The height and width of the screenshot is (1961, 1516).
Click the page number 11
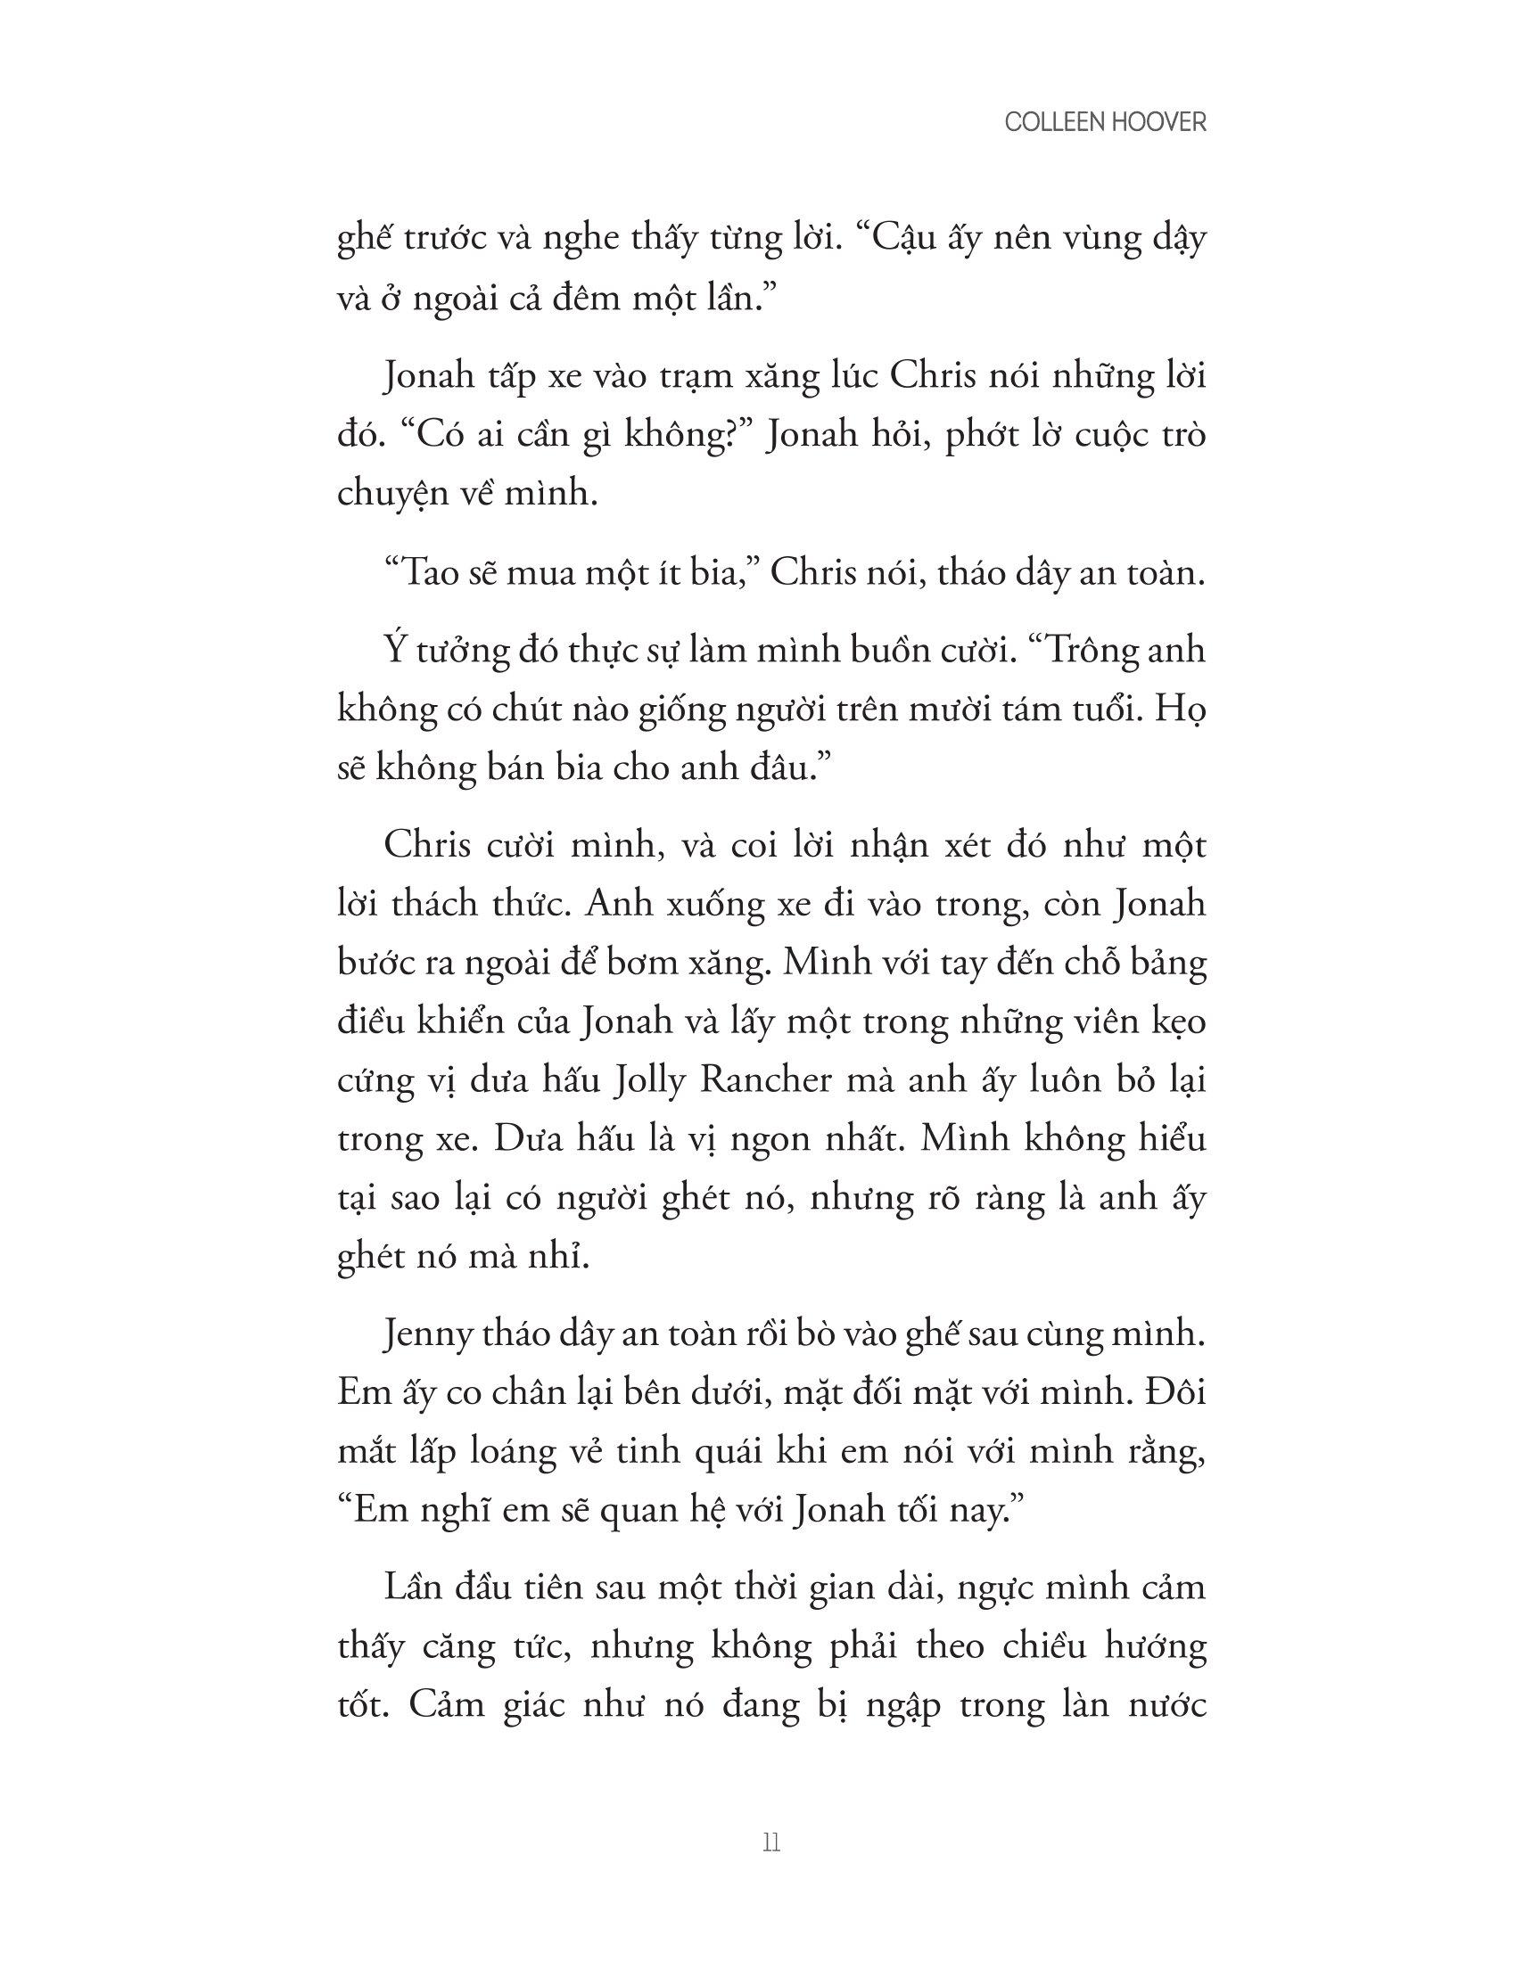point(770,1843)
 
